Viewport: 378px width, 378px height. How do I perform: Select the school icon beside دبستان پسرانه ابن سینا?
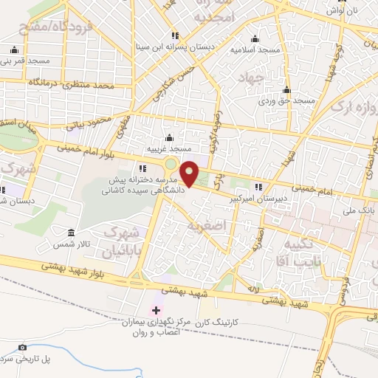[175, 35]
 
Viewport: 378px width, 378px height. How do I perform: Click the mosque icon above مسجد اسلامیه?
[255, 39]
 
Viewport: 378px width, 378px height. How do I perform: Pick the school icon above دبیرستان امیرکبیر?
[258, 187]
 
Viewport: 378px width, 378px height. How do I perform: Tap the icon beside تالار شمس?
[71, 232]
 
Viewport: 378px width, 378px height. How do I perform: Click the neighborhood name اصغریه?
[205, 224]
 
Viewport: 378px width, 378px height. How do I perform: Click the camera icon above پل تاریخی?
[22, 347]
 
